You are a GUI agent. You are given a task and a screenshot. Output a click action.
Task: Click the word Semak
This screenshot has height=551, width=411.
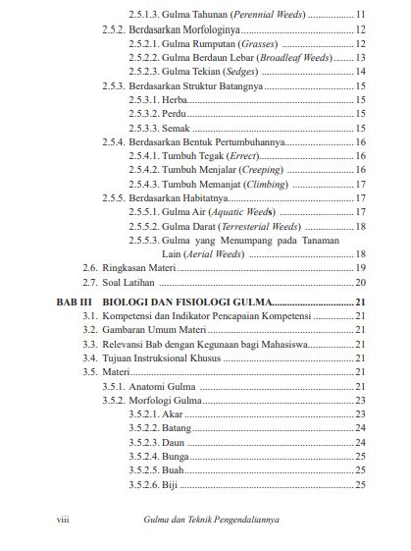178,128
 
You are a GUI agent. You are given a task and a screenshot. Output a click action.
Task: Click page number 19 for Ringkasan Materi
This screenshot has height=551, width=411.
360,267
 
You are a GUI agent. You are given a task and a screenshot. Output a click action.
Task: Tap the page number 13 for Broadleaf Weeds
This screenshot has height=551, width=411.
360,58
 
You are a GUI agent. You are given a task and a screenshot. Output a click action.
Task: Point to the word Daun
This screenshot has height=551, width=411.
175,442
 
